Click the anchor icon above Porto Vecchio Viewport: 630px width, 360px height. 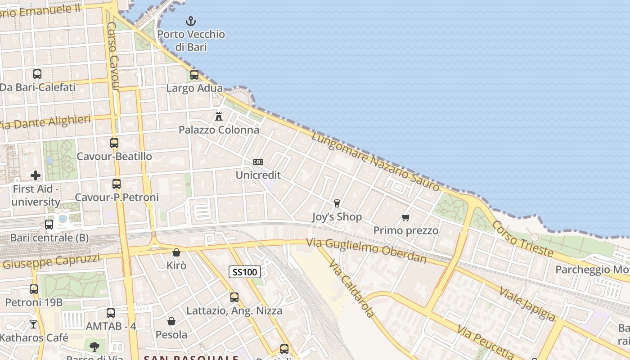pyautogui.click(x=191, y=21)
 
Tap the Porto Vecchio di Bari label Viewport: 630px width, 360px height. pyautogui.click(x=191, y=40)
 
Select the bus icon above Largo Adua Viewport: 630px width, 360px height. pyautogui.click(x=194, y=75)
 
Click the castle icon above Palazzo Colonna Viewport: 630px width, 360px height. pyautogui.click(x=219, y=117)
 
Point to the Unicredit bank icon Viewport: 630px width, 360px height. pyautogui.click(x=258, y=162)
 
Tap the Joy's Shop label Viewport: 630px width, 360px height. pyautogui.click(x=337, y=217)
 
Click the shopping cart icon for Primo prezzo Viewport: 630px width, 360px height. pyautogui.click(x=405, y=218)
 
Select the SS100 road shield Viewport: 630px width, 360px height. pyautogui.click(x=245, y=272)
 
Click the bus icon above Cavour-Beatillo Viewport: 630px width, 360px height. pyautogui.click(x=114, y=143)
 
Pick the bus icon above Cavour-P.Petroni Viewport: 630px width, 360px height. pyautogui.click(x=117, y=184)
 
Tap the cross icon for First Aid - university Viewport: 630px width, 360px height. pyautogui.click(x=36, y=175)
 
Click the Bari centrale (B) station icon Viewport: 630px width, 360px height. pyautogui.click(x=49, y=224)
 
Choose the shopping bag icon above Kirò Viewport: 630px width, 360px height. pyautogui.click(x=176, y=252)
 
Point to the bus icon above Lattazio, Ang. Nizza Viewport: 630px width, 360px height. pyautogui.click(x=234, y=297)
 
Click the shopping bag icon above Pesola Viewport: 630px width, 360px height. pyautogui.click(x=171, y=321)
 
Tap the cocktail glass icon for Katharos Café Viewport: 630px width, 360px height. pyautogui.click(x=33, y=324)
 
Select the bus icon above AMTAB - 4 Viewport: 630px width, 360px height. pyautogui.click(x=111, y=313)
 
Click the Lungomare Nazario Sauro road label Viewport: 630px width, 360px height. pyautogui.click(x=375, y=162)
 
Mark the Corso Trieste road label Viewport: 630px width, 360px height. pyautogui.click(x=522, y=238)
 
